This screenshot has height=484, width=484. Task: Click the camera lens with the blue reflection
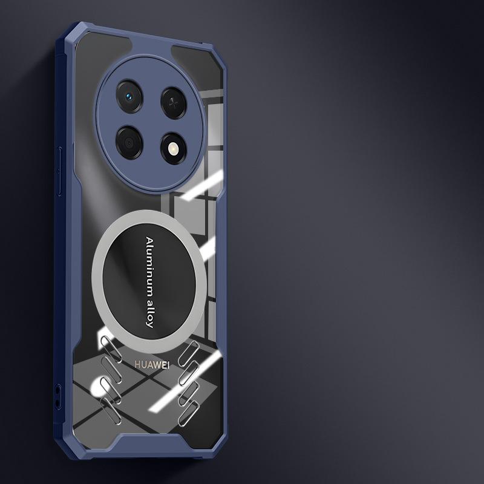(x=129, y=96)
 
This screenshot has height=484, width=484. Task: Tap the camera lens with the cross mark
(x=174, y=103)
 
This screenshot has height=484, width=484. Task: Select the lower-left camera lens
(x=129, y=143)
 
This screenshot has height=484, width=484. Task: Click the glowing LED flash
(x=174, y=149)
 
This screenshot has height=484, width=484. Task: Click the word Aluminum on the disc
(x=149, y=263)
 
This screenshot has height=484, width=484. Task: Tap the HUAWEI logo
(x=152, y=365)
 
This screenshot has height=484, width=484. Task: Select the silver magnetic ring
(x=95, y=281)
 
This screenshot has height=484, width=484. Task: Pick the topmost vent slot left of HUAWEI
(x=111, y=349)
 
